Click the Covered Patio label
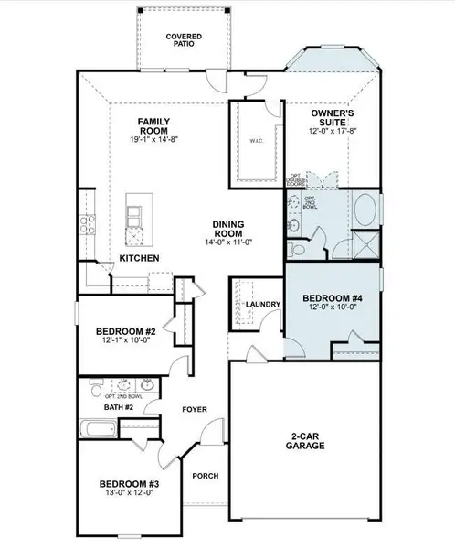[x=183, y=40]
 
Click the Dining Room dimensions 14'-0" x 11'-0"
[x=227, y=242]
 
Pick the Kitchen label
[x=140, y=259]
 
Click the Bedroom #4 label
[x=330, y=299]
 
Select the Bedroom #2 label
[x=125, y=331]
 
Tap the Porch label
[x=203, y=476]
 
